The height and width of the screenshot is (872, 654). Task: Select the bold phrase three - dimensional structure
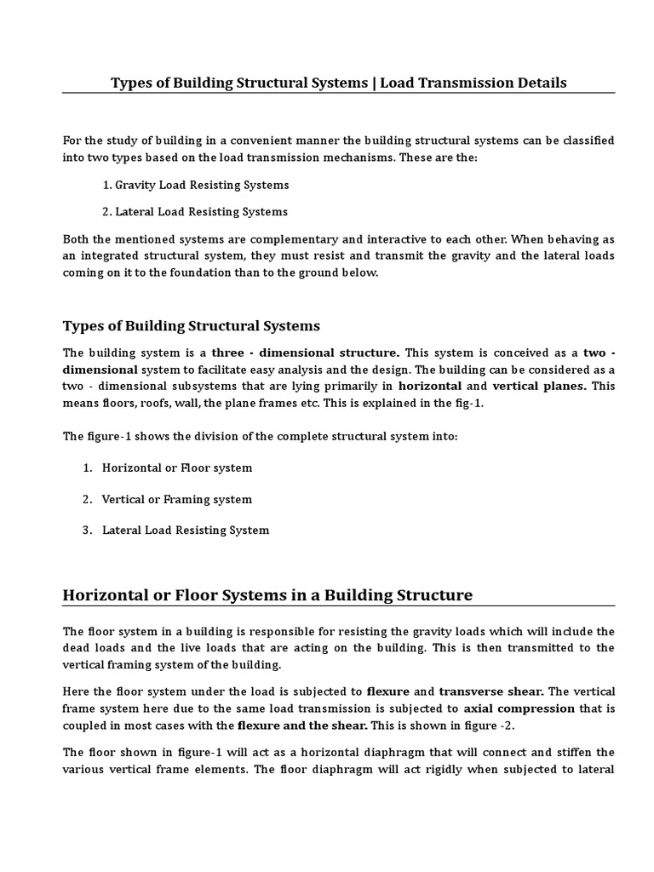point(305,353)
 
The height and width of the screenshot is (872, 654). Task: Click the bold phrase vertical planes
point(540,386)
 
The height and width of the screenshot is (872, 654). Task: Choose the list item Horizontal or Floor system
point(177,468)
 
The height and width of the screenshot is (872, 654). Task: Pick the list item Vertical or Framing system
point(177,499)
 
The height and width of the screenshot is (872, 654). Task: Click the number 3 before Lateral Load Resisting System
point(86,530)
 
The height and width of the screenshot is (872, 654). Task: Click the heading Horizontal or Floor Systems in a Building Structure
point(267,594)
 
